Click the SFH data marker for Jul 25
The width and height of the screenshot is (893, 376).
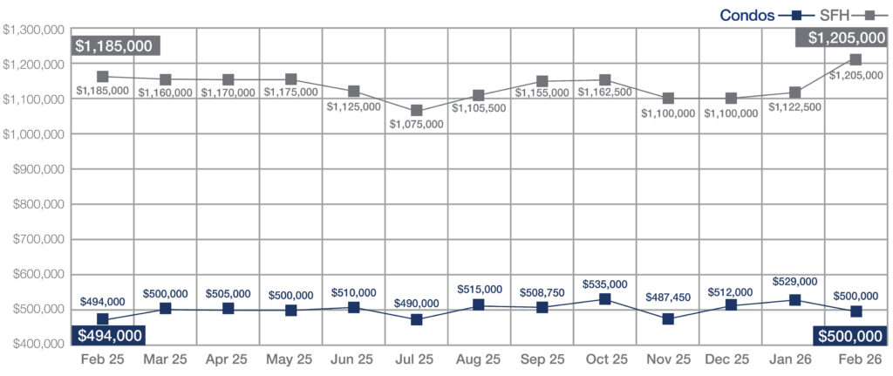tap(417, 111)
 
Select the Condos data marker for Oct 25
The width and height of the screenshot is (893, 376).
tap(605, 299)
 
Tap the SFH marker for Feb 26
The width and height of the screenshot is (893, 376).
tap(856, 60)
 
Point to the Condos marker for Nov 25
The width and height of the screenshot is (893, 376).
tap(668, 319)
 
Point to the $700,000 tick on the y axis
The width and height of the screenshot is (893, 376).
tap(36, 239)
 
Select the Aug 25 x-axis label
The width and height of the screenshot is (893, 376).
tap(480, 359)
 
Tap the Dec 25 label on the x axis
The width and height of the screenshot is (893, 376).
tap(730, 359)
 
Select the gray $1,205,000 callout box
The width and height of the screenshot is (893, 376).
tap(841, 38)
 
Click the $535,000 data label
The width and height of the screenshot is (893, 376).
tap(604, 284)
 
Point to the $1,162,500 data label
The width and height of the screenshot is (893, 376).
tap(604, 92)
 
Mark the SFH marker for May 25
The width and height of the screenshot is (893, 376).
tap(291, 80)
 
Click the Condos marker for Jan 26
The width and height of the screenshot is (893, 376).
tap(794, 300)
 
